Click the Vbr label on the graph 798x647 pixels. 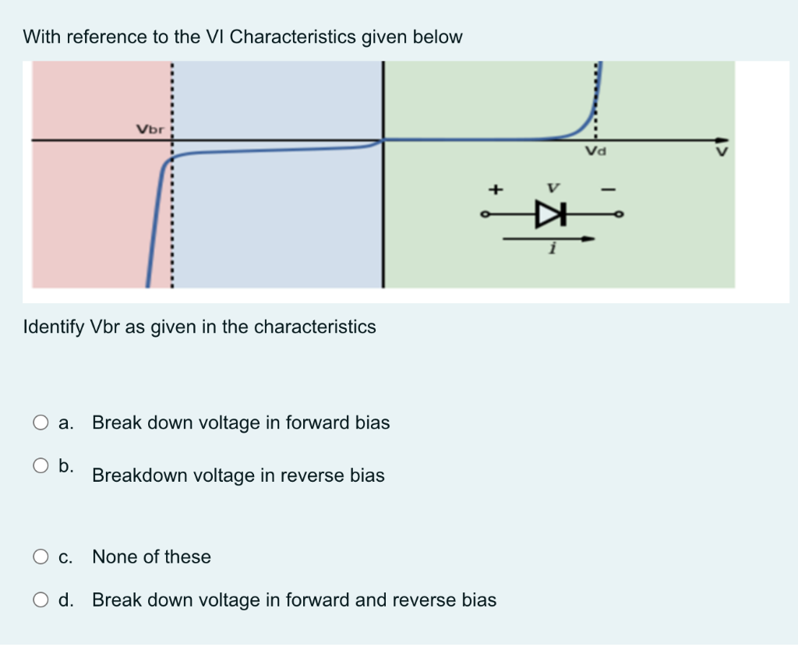pos(150,129)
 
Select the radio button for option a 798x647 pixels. pos(41,423)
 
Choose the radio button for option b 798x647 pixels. pos(41,466)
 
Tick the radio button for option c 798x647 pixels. pos(41,557)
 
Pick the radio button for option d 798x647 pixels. pos(41,600)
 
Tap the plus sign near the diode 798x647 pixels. pos(493,188)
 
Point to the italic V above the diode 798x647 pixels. pos(553,188)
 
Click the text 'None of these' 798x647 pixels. pos(151,557)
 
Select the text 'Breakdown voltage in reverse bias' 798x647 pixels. pos(238,476)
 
